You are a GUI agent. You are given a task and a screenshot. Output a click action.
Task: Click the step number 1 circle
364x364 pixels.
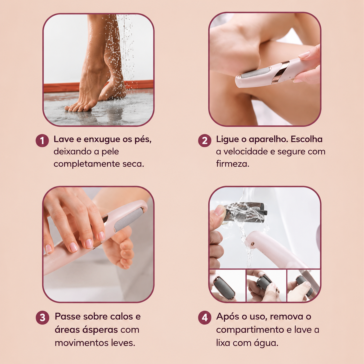tap(42, 140)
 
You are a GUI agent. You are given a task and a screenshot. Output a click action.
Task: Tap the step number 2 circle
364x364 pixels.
tap(205, 140)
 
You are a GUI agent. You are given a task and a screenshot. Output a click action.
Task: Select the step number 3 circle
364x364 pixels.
tap(42, 318)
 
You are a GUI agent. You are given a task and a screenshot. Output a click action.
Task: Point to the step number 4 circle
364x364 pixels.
tap(205, 318)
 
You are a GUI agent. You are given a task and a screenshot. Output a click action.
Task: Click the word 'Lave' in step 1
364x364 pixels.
tap(64, 139)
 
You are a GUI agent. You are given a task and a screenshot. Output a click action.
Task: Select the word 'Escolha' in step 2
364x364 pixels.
tap(307, 139)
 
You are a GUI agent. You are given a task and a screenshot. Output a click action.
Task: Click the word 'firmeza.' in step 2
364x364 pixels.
tap(233, 164)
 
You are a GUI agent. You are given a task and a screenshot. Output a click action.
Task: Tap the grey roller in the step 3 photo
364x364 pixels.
tap(128, 220)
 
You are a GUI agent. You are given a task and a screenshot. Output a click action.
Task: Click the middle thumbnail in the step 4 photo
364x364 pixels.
tap(266, 285)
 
